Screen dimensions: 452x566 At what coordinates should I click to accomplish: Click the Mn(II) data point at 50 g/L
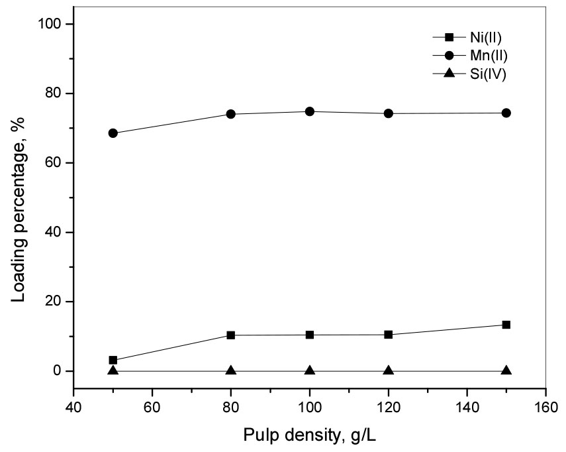[x=113, y=133]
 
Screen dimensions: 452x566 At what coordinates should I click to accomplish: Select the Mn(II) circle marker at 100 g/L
[x=310, y=111]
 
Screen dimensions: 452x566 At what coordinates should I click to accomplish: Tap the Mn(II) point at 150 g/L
[x=506, y=113]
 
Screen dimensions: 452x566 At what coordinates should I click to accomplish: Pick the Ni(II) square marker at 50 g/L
[x=113, y=360]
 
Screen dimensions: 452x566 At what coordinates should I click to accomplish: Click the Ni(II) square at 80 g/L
[x=231, y=335]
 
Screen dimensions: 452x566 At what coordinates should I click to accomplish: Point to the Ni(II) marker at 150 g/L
[x=506, y=325]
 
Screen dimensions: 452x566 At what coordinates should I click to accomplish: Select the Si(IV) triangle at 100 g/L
[x=310, y=370]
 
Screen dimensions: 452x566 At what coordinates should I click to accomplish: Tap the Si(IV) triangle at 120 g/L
[x=389, y=370]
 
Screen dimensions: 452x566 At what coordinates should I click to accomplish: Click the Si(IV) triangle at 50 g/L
[x=113, y=370]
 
